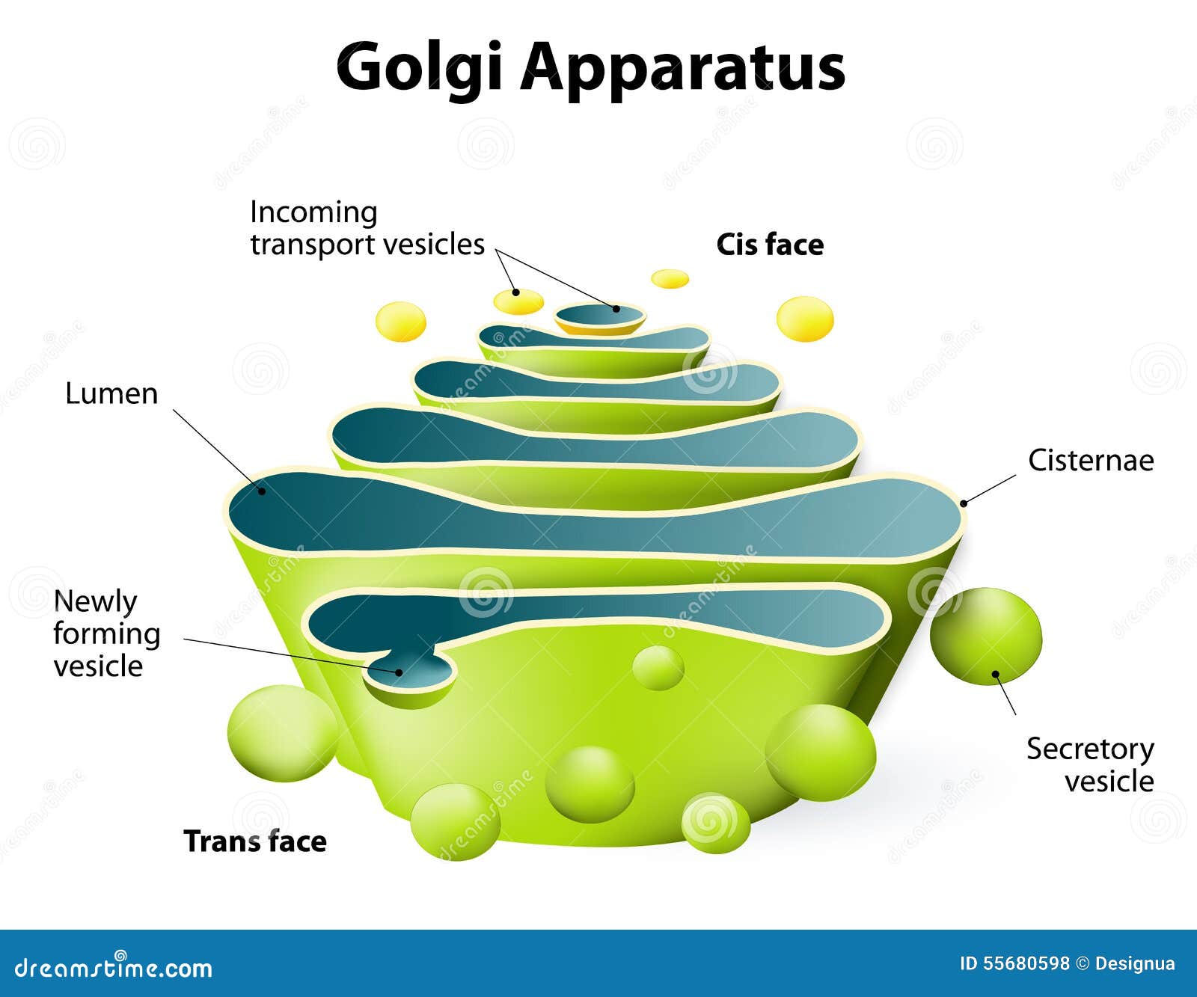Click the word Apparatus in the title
682,67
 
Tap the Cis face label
770,245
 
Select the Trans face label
255,841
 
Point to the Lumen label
111,393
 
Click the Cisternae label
1090,460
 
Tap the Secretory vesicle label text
1090,764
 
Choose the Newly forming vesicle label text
106,634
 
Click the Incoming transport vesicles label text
367,228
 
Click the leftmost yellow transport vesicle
400,322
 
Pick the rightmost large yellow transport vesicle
805,319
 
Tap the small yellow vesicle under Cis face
670,279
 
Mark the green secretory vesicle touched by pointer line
985,636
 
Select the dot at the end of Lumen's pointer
262,491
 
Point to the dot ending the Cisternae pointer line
964,503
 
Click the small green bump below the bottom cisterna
658,667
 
